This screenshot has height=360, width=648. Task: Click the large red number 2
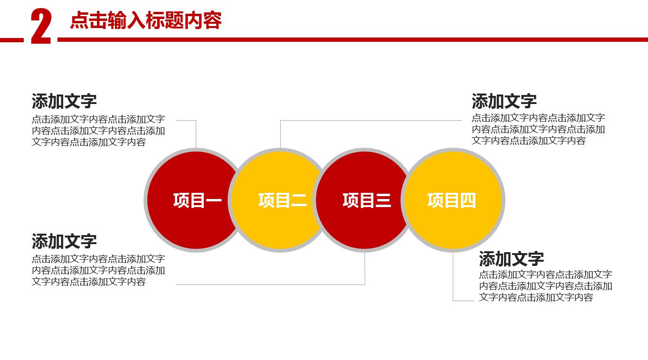click(x=41, y=27)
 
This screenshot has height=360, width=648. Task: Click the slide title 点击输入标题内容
click(x=146, y=21)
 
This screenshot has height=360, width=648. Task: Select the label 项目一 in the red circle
click(x=197, y=200)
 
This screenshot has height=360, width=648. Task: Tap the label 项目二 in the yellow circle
click(x=282, y=200)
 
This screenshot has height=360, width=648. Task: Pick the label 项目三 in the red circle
click(x=367, y=200)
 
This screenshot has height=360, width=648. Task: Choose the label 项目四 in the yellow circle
click(x=451, y=200)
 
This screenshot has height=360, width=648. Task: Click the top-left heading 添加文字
click(x=64, y=101)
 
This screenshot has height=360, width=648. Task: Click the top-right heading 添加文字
click(x=504, y=101)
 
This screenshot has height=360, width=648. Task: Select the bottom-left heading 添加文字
click(x=64, y=241)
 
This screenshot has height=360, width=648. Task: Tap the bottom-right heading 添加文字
click(x=511, y=259)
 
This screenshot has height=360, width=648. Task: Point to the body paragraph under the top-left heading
click(x=98, y=131)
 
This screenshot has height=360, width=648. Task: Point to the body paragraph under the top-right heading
click(x=538, y=129)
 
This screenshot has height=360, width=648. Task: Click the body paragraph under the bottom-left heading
click(x=98, y=270)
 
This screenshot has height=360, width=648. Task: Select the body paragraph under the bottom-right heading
click(x=545, y=286)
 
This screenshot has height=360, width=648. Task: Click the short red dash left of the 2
click(x=11, y=40)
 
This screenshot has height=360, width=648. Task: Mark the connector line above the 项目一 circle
click(x=196, y=134)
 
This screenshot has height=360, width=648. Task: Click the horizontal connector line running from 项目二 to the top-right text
click(x=371, y=120)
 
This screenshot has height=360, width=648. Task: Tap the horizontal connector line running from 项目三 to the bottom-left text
click(x=271, y=284)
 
